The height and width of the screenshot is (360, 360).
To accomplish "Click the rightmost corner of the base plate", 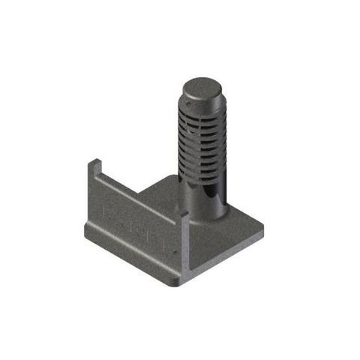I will (x=263, y=229).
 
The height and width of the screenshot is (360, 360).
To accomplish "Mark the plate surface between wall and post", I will (x=161, y=191).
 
